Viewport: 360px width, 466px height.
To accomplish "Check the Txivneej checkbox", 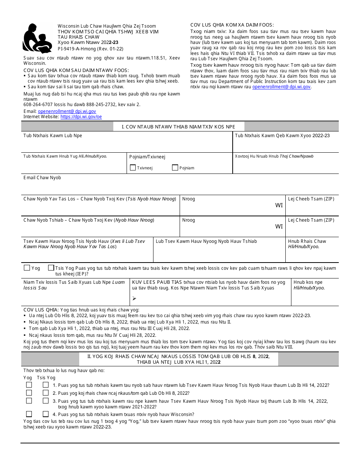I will (133, 167).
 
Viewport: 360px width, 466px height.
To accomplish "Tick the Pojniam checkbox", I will (175, 167).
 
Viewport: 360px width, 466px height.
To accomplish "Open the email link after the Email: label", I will (67, 111).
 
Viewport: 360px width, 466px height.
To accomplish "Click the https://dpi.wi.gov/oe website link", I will (81, 117).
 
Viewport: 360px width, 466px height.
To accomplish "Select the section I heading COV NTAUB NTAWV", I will (178, 127).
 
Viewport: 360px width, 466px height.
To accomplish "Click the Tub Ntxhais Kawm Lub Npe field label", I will (53, 136).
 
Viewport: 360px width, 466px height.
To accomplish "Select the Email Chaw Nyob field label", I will (42, 178).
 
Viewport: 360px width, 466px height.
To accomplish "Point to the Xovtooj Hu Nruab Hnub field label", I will (274, 156).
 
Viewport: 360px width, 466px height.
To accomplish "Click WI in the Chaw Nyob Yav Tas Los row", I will (279, 205).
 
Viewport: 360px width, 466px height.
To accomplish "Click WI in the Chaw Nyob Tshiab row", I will (279, 227).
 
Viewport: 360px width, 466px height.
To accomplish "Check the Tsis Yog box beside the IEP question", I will (51, 268).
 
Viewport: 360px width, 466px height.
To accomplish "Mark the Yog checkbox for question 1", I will (29, 385).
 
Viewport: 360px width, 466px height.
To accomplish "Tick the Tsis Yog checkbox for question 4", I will (46, 414).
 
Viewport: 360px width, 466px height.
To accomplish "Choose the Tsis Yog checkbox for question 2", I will (46, 393).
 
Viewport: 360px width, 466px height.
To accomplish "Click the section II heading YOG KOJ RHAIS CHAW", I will (180, 359).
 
